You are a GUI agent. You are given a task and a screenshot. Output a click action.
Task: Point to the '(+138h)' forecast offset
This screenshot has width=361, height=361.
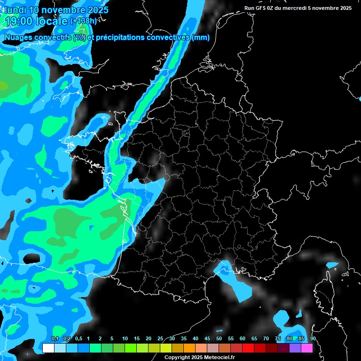click(x=84, y=21)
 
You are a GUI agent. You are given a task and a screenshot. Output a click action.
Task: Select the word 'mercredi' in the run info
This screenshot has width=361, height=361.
click(x=306, y=8)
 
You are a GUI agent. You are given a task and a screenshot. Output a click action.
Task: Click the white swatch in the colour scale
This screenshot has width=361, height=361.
click(x=48, y=348)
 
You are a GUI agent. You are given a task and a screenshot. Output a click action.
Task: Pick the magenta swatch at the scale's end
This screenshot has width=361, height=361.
click(x=307, y=348)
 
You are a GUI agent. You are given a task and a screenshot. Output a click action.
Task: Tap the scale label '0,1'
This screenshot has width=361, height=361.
click(x=55, y=339)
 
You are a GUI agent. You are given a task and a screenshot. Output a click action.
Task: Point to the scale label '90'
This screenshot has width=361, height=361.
click(x=313, y=339)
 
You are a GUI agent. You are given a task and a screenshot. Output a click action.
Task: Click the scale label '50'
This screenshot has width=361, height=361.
click(x=219, y=339)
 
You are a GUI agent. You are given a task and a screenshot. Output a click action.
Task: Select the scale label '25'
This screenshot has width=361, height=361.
click(x=160, y=339)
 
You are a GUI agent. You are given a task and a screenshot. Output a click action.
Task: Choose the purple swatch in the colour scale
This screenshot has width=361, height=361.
click(x=295, y=348)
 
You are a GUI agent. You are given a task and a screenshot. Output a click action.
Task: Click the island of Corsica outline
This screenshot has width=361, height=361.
click(x=323, y=287)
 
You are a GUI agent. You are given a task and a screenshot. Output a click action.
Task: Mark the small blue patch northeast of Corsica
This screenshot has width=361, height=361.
click(x=332, y=265)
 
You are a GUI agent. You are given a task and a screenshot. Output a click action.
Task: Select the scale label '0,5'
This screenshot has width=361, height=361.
click(x=78, y=339)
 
